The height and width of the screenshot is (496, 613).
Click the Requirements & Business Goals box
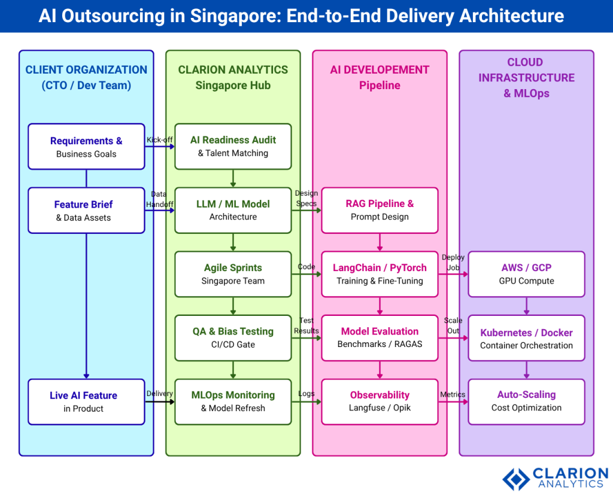point(86,147)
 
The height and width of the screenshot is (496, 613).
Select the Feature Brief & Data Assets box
point(86,211)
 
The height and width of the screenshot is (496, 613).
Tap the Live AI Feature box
point(86,401)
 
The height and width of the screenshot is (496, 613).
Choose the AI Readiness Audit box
point(233,146)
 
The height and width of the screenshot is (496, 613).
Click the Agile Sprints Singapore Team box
point(233,274)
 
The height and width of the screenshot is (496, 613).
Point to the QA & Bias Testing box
point(233,337)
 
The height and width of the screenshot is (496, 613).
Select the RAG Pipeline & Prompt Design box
point(380,210)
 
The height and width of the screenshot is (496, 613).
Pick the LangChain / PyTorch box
point(380,274)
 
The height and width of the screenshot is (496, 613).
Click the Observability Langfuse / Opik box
point(380,401)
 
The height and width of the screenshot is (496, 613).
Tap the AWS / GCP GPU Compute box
point(526,274)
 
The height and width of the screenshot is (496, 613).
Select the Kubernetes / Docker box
point(526,338)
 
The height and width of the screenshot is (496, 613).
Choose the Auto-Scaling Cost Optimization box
point(526,401)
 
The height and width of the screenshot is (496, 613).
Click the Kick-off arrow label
point(159,140)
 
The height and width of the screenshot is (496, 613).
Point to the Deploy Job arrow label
point(453,262)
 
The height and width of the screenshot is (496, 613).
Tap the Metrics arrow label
point(453,394)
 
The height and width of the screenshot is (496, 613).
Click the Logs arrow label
point(306,394)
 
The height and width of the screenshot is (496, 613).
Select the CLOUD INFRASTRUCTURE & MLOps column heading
point(526,78)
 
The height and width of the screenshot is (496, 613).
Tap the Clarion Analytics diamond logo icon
point(515,479)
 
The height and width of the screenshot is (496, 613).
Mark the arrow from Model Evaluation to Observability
point(380,370)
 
